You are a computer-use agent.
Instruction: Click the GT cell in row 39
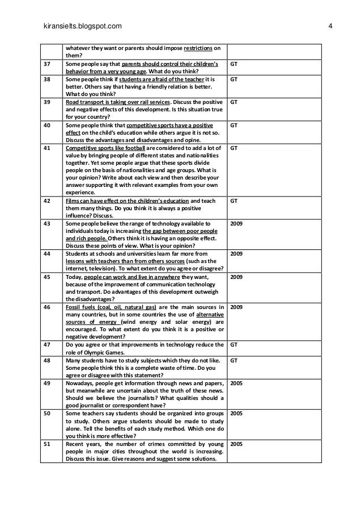[234, 102]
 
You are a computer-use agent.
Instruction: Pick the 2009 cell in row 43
[237, 224]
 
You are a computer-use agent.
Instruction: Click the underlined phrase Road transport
[86, 102]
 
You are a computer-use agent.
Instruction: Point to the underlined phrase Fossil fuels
[81, 307]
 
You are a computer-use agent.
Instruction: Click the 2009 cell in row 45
[237, 277]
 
